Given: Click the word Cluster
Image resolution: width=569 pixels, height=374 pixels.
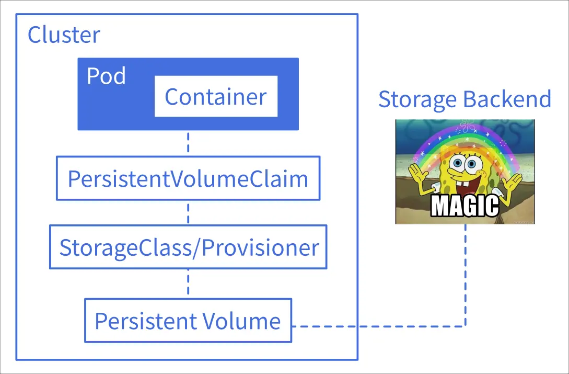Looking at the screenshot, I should (x=64, y=35).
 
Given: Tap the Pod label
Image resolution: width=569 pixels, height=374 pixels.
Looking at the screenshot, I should (x=106, y=76).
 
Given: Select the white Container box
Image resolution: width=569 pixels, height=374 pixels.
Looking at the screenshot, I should (x=216, y=97).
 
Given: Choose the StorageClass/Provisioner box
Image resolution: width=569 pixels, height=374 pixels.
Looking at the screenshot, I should (x=188, y=247).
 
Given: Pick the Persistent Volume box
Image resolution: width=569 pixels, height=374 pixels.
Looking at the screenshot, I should (x=188, y=321).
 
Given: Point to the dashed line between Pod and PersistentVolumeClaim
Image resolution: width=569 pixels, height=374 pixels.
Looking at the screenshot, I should (x=188, y=142).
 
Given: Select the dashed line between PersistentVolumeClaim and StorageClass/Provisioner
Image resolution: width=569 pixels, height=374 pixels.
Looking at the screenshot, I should (x=188, y=212).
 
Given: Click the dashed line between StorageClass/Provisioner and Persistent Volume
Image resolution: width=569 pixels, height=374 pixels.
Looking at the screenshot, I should (x=188, y=284).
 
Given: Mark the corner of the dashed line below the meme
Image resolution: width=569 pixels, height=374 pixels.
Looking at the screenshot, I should (x=465, y=326).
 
